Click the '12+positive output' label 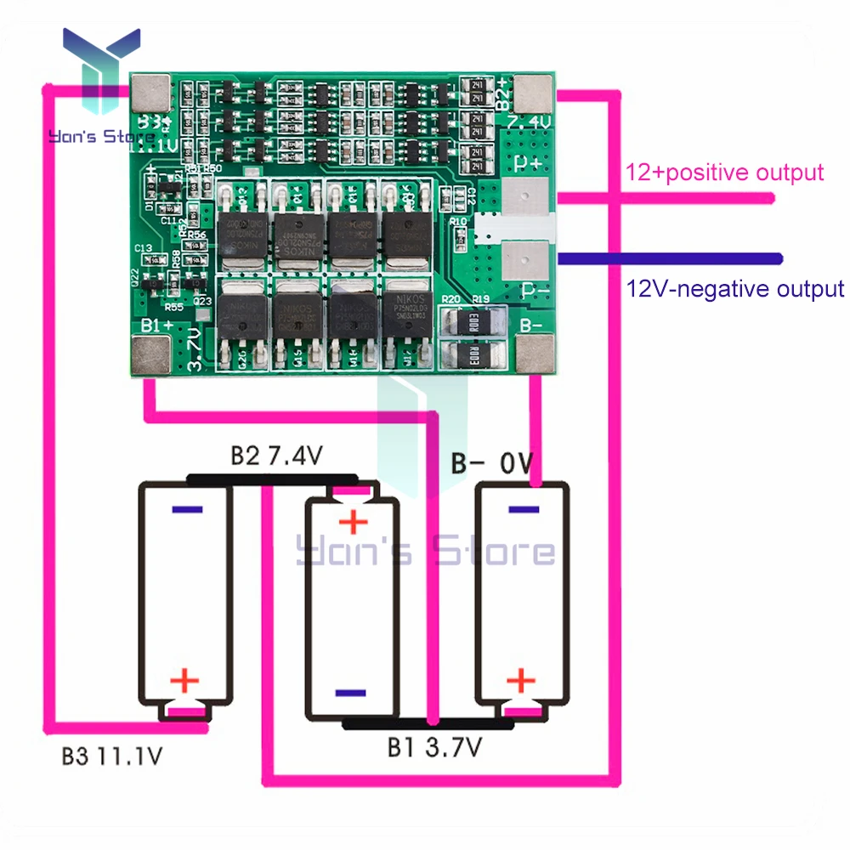(725, 173)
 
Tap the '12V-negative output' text (735, 288)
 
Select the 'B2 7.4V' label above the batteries (276, 456)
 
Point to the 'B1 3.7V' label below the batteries (435, 747)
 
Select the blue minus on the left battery (187, 510)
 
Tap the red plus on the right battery (520, 679)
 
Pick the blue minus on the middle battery (352, 693)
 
